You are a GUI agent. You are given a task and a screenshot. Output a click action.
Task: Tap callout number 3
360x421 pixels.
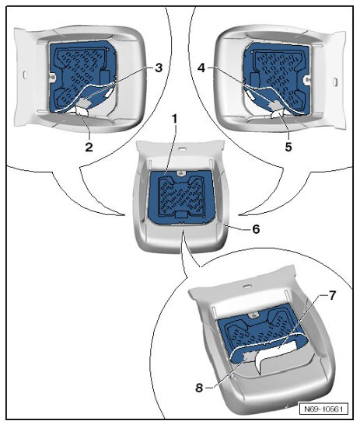(x=158, y=68)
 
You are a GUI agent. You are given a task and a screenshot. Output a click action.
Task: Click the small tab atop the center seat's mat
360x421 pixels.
(x=180, y=172)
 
